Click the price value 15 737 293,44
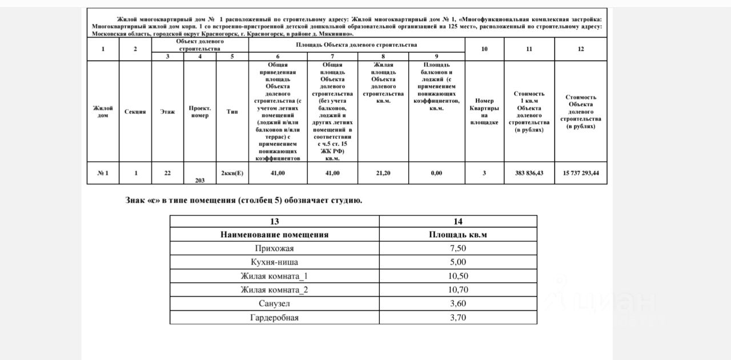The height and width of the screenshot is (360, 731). tap(581, 173)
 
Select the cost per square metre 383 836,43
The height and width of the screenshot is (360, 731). tap(529, 173)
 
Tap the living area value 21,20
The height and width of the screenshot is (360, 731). tap(383, 173)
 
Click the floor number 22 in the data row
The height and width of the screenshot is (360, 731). tap(167, 173)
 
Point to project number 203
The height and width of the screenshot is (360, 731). tap(200, 180)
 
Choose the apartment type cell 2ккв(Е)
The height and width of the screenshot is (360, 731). tap(232, 173)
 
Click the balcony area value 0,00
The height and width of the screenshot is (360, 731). tap(436, 173)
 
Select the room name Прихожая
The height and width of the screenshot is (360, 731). tap(274, 248)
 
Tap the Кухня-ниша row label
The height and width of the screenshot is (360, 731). tap(274, 262)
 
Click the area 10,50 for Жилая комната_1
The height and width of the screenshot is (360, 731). tap(458, 276)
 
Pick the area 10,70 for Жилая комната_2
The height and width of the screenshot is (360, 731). tap(458, 290)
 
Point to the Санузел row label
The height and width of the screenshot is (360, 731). tap(274, 303)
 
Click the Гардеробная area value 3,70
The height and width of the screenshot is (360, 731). tap(458, 318)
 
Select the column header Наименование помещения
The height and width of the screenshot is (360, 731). tap(274, 234)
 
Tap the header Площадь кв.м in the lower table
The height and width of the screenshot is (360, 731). tap(458, 234)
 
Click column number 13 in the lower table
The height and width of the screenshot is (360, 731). tap(274, 221)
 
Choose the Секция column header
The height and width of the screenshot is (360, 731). tap(135, 111)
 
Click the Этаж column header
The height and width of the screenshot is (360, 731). tap(167, 111)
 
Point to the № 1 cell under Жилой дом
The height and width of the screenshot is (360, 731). tap(103, 173)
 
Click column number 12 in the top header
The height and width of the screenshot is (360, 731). tap(581, 49)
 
